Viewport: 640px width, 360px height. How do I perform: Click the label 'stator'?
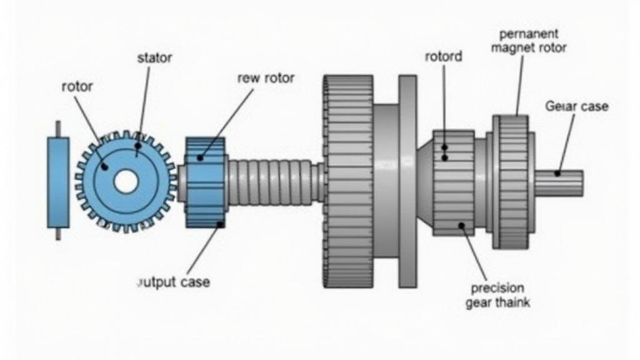click(x=154, y=58)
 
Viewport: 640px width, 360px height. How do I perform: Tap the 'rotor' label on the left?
click(x=77, y=86)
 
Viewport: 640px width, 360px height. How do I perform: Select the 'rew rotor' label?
click(x=266, y=78)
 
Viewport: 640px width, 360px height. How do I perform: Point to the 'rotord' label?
click(x=443, y=57)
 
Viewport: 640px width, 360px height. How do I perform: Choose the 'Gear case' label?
click(x=576, y=106)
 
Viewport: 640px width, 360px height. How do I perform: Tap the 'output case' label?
click(x=173, y=282)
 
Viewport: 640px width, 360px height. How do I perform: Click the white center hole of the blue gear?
click(x=126, y=182)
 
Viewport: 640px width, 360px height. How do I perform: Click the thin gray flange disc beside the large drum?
click(x=407, y=181)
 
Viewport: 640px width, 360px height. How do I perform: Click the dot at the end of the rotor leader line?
click(x=105, y=166)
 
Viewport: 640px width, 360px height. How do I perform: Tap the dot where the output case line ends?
click(x=219, y=224)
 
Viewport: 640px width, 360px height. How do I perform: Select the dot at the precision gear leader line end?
click(x=462, y=225)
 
